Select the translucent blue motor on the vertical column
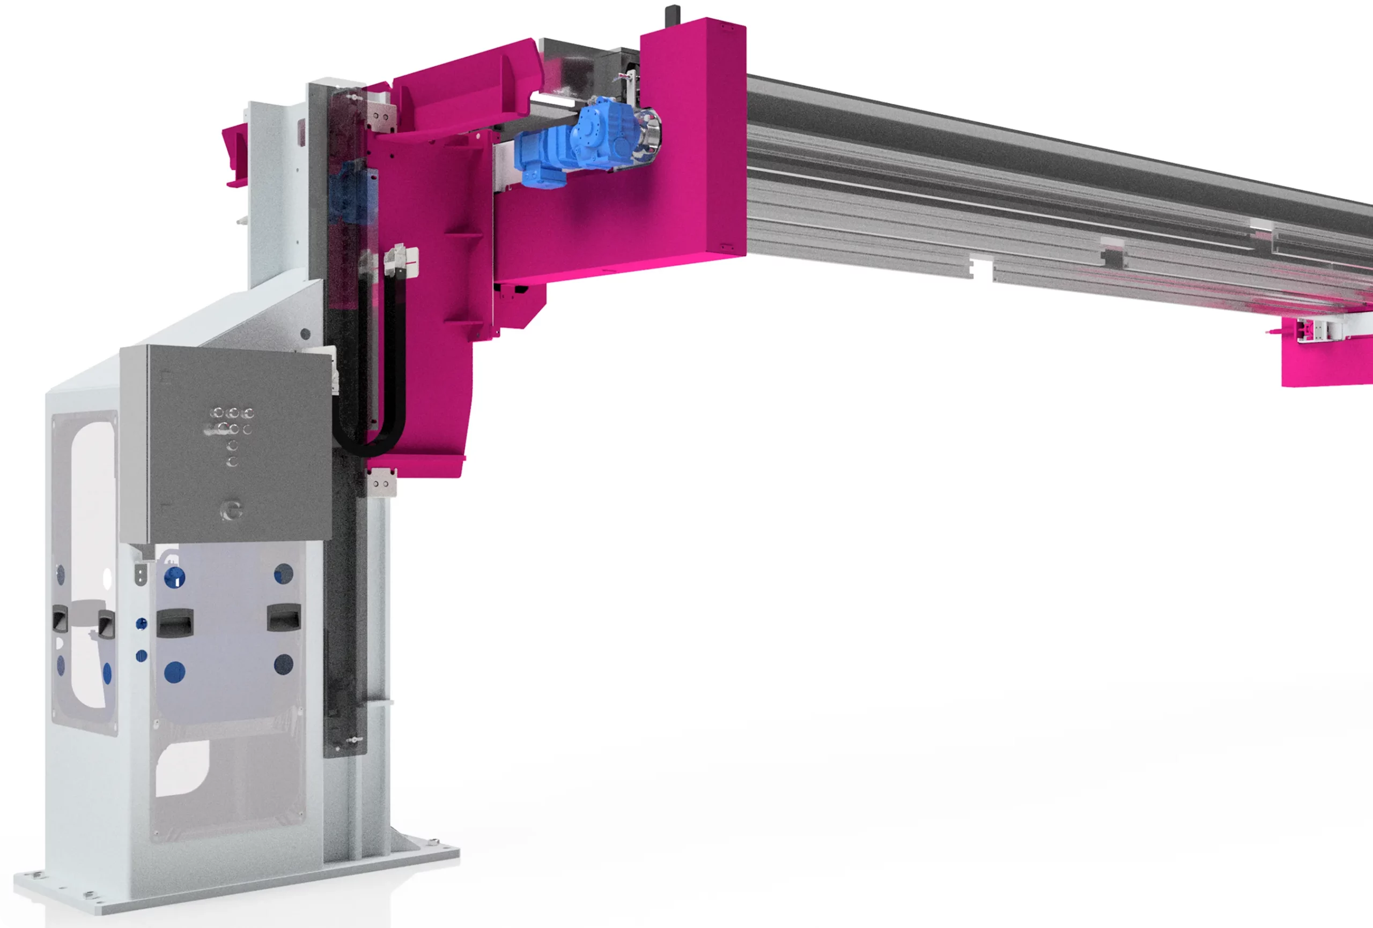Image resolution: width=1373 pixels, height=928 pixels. (351, 192)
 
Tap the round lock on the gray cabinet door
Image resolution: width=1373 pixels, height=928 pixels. (232, 510)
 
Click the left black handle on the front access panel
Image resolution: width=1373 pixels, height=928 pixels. (175, 622)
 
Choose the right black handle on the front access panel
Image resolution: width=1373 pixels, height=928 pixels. (284, 617)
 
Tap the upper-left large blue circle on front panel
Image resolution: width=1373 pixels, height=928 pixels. (174, 577)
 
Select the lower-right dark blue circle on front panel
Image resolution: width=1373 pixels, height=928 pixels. (284, 663)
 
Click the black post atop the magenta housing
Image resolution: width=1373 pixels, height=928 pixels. (673, 16)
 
